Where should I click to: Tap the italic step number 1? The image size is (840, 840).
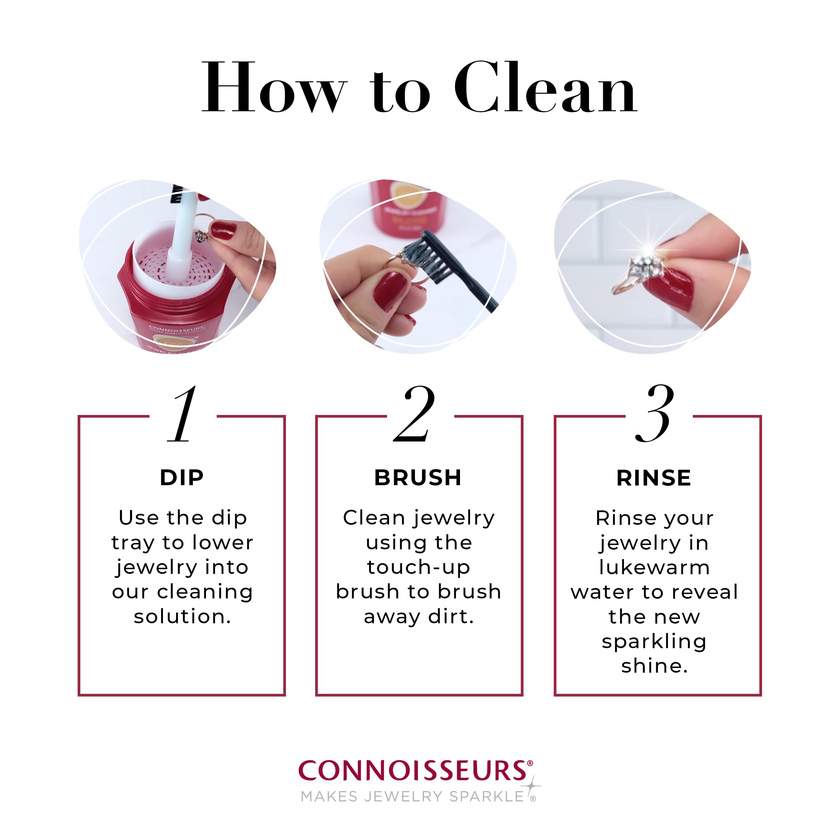182,414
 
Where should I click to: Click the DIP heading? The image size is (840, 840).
182,478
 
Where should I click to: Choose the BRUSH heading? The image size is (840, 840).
418,478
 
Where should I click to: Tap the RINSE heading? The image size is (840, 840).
654,478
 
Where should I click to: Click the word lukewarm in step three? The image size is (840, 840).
654,568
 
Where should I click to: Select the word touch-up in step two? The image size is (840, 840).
418,568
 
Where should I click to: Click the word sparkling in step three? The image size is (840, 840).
654,641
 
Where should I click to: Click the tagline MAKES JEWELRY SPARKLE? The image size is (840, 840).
413,797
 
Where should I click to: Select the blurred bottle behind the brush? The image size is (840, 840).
407,209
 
